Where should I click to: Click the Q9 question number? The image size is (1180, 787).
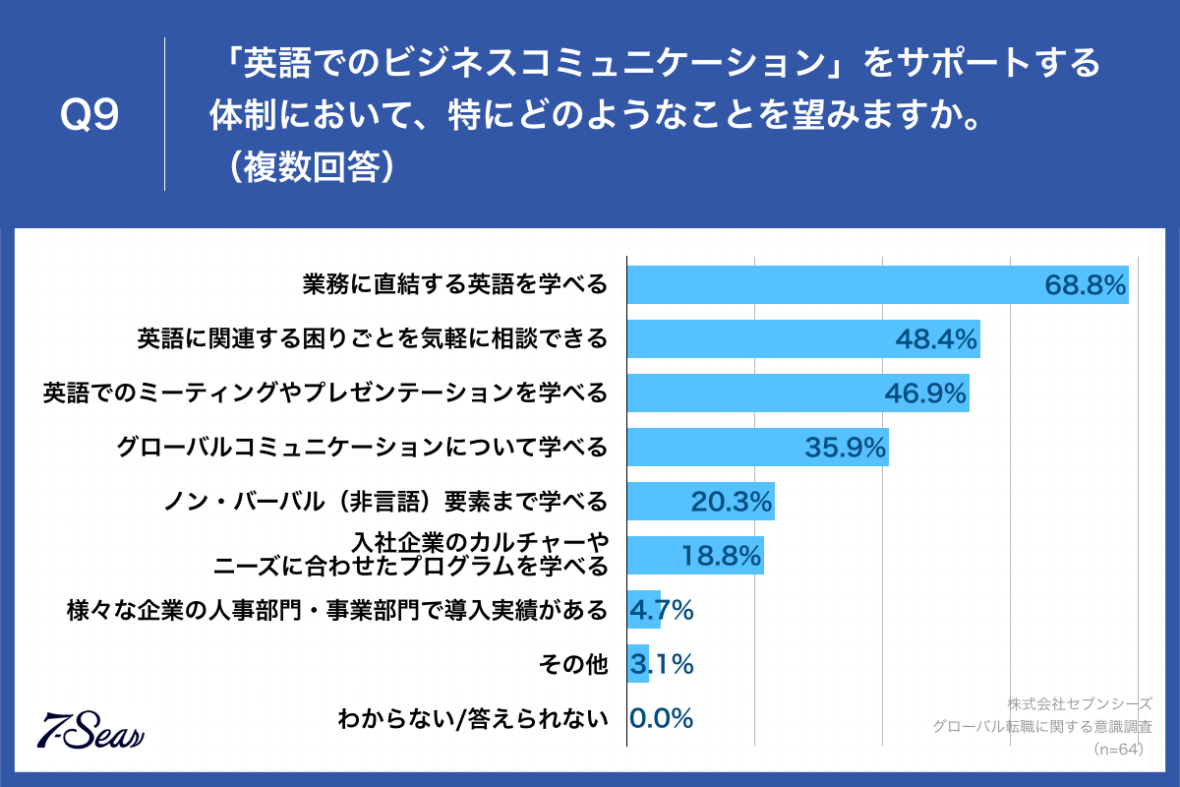pos(89,116)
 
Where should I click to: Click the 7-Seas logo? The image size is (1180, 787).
pos(90,729)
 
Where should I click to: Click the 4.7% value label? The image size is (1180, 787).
pos(661,610)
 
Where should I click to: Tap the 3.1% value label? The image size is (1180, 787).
pos(661,664)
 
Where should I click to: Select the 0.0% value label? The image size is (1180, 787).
pos(661,718)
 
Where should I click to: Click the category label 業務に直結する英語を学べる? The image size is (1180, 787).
pos(455,285)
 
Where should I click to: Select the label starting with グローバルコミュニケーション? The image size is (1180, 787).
pos(362,448)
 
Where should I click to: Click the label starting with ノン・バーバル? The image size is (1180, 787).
pos(384,502)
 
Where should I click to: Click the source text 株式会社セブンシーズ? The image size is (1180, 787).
pos(1079,704)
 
